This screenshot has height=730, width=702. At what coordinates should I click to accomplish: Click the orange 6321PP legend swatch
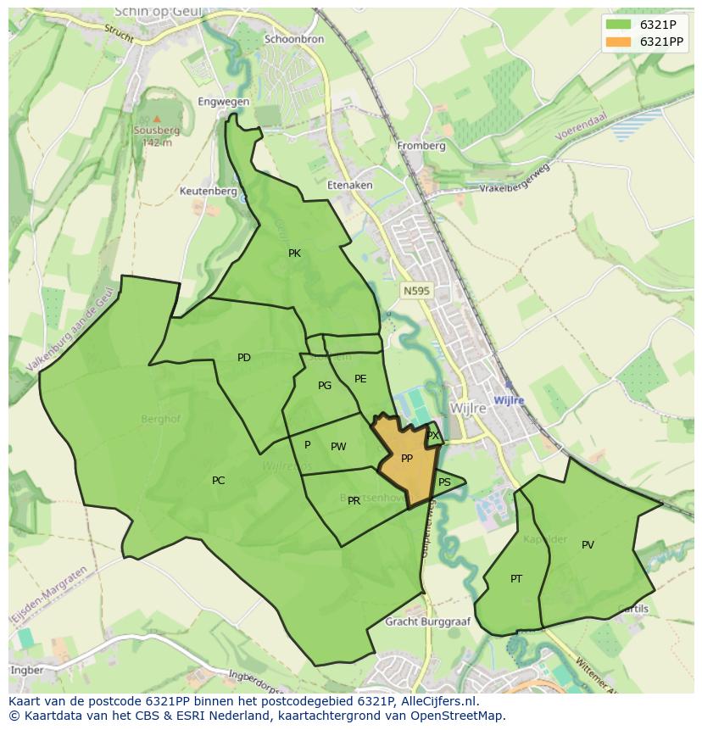coord(618,42)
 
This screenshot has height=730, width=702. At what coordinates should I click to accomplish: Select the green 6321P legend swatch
coord(618,25)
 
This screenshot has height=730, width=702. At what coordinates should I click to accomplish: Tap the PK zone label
coord(294,254)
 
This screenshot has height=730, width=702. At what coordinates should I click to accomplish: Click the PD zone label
coord(244,358)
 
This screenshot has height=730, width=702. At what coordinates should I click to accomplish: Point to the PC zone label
coord(218,481)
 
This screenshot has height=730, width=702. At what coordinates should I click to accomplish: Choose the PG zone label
coord(325,386)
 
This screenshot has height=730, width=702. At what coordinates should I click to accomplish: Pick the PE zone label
coord(360,379)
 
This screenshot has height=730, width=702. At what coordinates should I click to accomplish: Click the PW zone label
coord(338,447)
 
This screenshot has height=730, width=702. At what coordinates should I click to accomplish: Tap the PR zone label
coord(354,501)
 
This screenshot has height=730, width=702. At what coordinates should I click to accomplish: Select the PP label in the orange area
coord(407,459)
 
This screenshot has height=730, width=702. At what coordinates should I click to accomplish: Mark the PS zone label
coord(444,482)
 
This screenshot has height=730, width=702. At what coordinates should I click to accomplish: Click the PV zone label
coord(588,545)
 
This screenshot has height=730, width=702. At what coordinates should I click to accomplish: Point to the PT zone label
coord(516,579)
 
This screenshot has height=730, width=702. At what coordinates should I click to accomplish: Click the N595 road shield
coord(416,291)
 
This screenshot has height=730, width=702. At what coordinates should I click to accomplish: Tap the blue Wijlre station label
coord(509,400)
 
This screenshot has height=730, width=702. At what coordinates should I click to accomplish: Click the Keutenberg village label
coord(208,192)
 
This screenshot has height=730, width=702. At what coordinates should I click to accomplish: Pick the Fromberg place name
coord(421,146)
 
